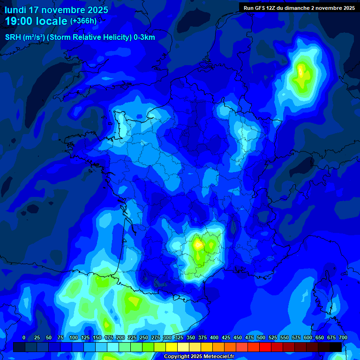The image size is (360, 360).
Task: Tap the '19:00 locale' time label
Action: tap(36, 21)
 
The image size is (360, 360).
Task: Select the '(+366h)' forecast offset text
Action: tap(83, 21)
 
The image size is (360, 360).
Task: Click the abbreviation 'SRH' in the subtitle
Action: tap(13, 37)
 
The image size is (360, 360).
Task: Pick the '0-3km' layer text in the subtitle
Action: tap(144, 37)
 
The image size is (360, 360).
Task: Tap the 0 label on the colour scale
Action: tap(24, 338)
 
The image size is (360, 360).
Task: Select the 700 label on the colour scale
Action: tap(343, 338)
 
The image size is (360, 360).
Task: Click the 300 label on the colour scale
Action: tap(167, 338)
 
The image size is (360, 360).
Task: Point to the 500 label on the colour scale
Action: tap(261, 338)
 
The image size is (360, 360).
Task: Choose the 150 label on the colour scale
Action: tap(97, 338)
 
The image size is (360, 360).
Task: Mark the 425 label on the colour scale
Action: tap(226, 338)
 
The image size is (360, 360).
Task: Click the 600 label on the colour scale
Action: tap(308, 338)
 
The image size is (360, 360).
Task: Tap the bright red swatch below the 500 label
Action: tap(265, 347)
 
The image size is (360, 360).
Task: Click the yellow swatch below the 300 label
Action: tap(172, 347)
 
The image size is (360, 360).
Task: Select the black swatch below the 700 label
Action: tap(336, 347)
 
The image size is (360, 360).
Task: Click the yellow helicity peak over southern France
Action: tap(198, 244)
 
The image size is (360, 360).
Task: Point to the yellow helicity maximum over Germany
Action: tap(301, 73)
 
